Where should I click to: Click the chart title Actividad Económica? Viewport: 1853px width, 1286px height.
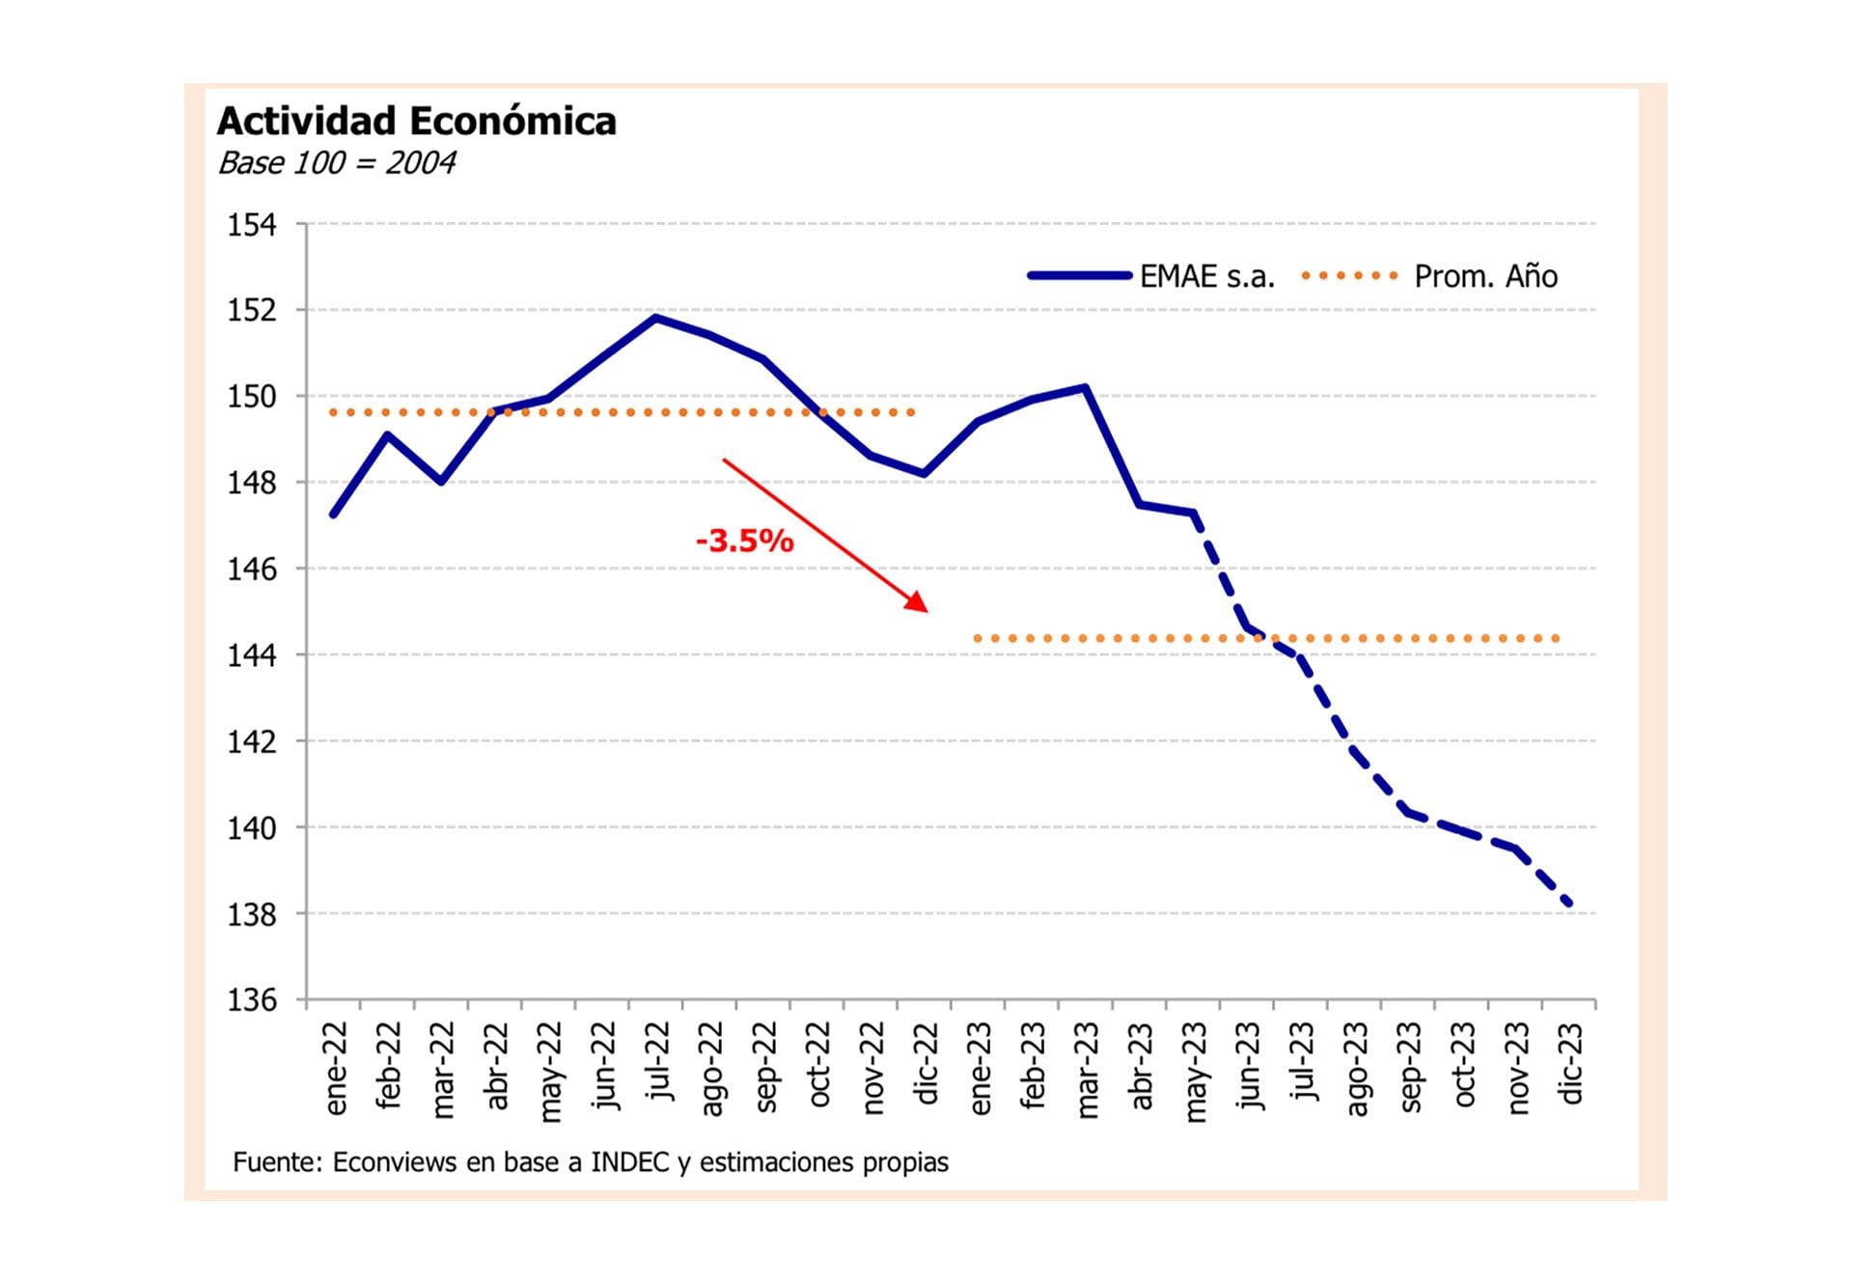tap(416, 122)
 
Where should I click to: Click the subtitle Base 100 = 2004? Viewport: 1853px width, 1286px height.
tap(337, 163)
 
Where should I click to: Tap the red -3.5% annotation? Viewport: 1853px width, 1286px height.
tap(744, 541)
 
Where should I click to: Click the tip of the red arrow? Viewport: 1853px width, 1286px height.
tap(926, 611)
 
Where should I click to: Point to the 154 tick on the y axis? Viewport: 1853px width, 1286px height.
tap(252, 225)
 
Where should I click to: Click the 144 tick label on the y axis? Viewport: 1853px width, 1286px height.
tap(252, 656)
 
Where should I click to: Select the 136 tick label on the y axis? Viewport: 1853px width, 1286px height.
tap(252, 1000)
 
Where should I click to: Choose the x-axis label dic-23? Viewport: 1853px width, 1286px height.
tap(1570, 1064)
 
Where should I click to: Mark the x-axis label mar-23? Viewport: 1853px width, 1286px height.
tap(1087, 1072)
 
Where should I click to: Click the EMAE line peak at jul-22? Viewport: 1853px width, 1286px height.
tap(656, 318)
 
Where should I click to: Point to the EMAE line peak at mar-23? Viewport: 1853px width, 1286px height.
tap(1086, 388)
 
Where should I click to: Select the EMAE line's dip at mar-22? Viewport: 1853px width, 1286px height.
tap(441, 481)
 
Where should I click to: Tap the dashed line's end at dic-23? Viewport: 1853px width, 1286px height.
tap(1569, 904)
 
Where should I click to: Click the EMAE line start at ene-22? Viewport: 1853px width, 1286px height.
tap(334, 515)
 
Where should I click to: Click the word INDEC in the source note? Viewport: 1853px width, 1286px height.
tap(629, 1162)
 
